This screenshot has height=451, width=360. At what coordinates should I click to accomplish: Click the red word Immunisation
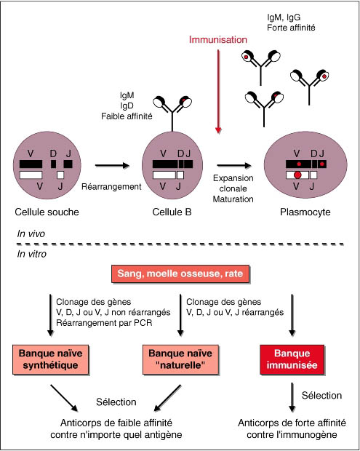pyautogui.click(x=218, y=39)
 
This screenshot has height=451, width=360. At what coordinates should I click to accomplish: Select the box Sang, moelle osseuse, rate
pyautogui.click(x=180, y=274)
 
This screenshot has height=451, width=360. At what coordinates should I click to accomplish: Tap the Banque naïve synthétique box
pyautogui.click(x=51, y=359)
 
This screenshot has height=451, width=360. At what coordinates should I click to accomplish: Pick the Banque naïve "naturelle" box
pyautogui.click(x=180, y=359)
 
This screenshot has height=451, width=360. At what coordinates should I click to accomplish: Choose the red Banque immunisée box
pyautogui.click(x=292, y=359)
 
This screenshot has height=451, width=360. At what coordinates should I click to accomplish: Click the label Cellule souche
pyautogui.click(x=47, y=212)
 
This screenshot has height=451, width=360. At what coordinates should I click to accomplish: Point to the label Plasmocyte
pyautogui.click(x=305, y=212)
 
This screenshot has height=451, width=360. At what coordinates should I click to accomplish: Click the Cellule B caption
pyautogui.click(x=172, y=212)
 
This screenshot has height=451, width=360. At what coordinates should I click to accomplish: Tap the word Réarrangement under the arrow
pyautogui.click(x=111, y=187)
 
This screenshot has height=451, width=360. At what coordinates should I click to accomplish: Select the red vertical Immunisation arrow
pyautogui.click(x=218, y=92)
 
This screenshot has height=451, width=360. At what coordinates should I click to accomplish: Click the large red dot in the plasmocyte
pyautogui.click(x=297, y=175)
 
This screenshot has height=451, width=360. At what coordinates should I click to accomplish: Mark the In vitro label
pyautogui.click(x=31, y=254)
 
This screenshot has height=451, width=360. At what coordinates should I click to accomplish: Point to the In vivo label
pyautogui.click(x=31, y=234)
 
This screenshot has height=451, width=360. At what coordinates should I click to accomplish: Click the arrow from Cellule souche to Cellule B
pyautogui.click(x=113, y=165)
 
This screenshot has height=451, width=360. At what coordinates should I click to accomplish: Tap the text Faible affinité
pyautogui.click(x=127, y=116)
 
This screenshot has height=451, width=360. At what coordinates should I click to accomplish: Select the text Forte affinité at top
pyautogui.click(x=292, y=28)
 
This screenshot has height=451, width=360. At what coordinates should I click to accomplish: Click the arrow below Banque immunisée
pyautogui.click(x=292, y=397)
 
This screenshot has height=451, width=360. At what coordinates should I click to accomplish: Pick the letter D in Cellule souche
pyautogui.click(x=53, y=153)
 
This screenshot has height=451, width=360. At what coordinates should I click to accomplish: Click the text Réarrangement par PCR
pyautogui.click(x=104, y=323)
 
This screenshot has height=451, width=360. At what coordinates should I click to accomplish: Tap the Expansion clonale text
pyautogui.click(x=233, y=183)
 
